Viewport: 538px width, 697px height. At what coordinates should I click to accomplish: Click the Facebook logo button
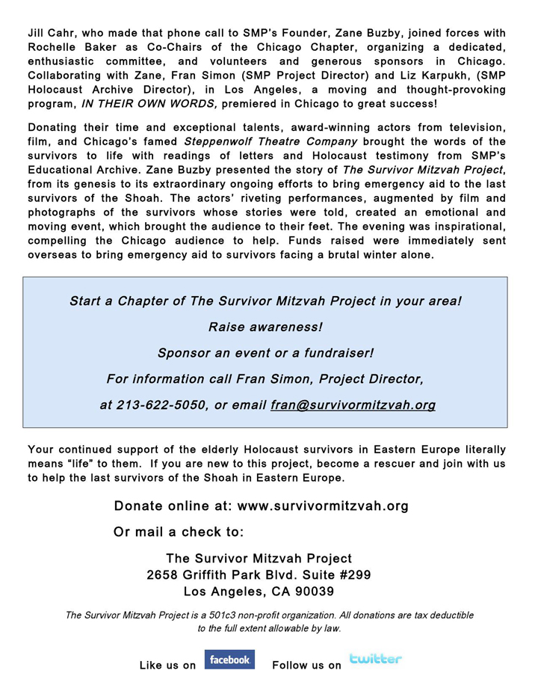229,660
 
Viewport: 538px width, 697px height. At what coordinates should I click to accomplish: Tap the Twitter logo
375,659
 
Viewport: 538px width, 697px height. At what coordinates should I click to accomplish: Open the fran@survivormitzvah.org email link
353,405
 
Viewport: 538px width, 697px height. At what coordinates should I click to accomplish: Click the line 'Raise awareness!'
265,328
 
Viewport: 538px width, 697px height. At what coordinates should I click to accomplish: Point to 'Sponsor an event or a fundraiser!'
265,353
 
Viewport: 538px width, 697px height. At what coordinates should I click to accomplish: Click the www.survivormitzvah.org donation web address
323,506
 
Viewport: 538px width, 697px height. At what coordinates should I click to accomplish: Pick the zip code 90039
313,592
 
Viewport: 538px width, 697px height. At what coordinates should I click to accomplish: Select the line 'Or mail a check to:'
179,532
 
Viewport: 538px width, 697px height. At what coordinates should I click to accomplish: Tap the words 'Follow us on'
307,666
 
